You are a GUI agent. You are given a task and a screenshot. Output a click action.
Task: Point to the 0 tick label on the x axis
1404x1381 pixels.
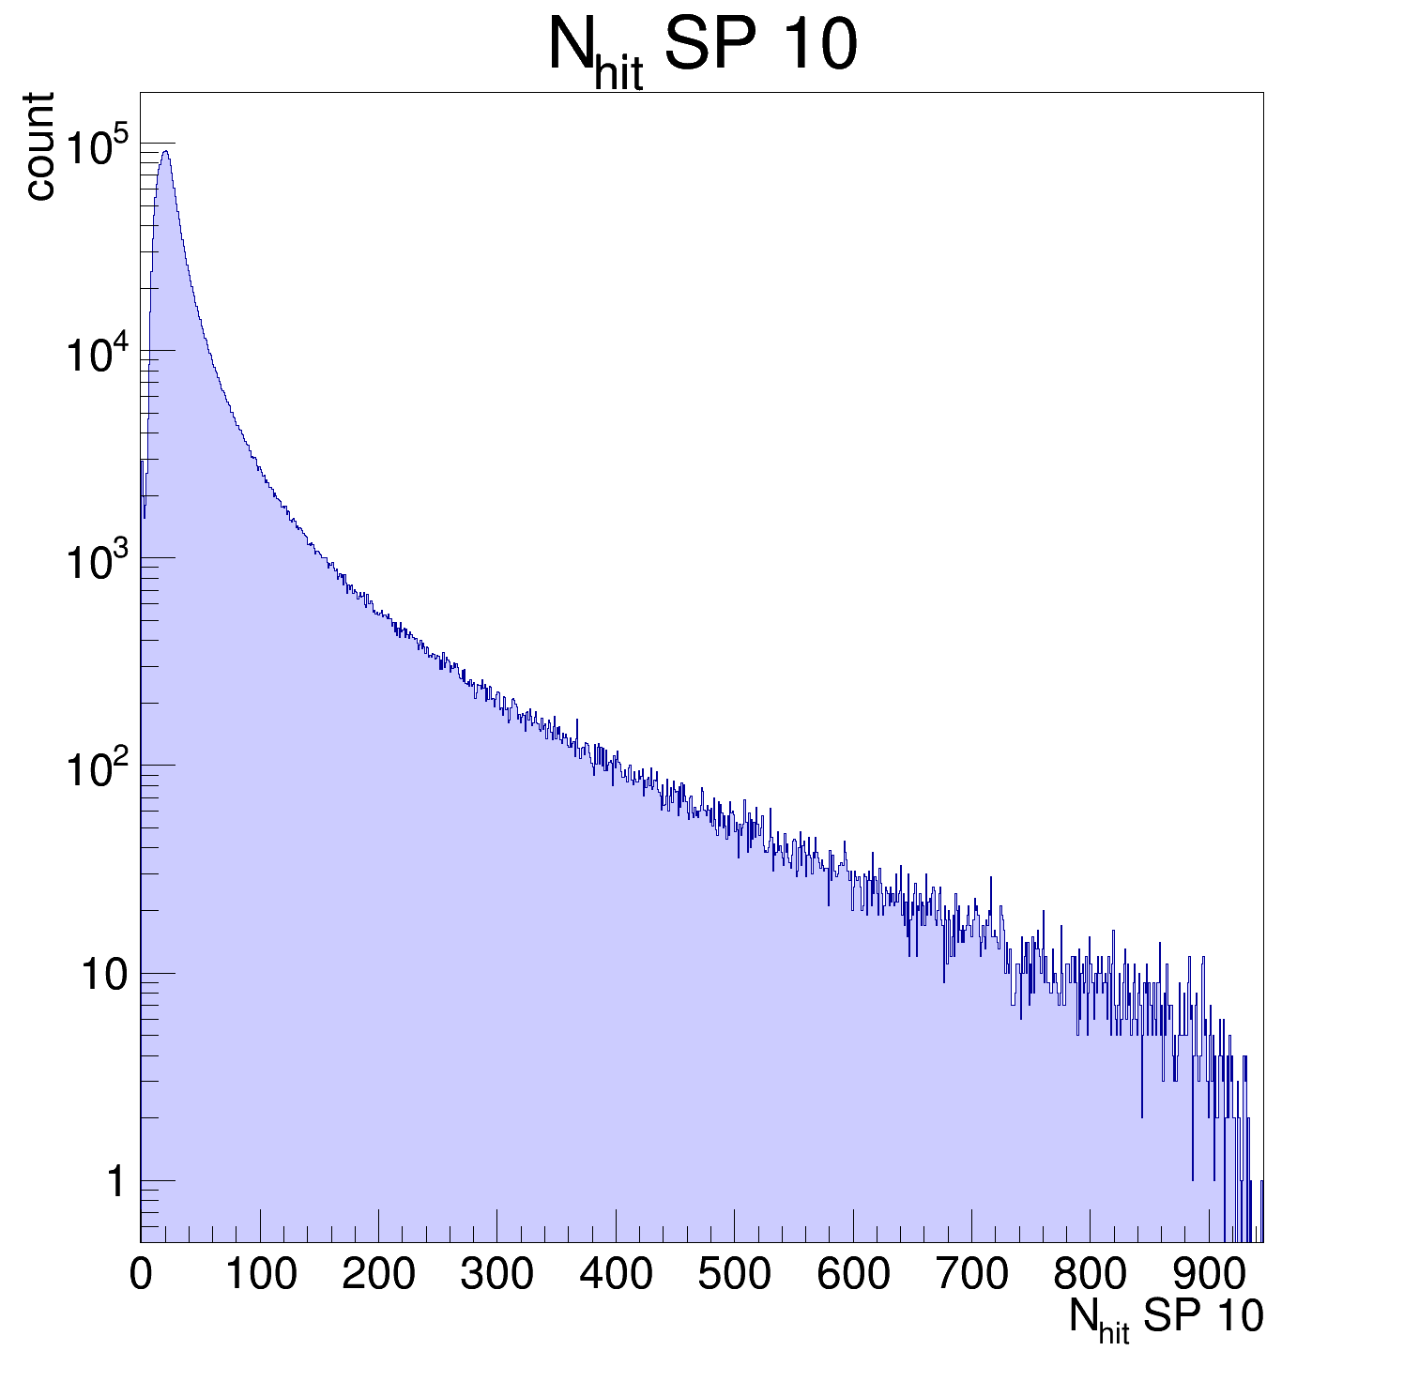coord(141,1274)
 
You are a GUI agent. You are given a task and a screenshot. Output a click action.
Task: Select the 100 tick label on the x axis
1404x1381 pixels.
coord(260,1274)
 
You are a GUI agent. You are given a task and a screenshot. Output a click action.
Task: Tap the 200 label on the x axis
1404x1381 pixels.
coord(378,1274)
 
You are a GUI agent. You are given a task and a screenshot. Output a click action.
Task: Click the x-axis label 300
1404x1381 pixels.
coord(496,1274)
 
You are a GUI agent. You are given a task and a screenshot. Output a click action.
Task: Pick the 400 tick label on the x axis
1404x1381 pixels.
coord(616,1274)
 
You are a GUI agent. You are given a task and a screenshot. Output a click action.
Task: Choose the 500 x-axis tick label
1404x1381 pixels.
coord(734,1274)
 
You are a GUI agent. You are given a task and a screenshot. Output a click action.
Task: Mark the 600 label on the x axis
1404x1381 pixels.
coord(853,1274)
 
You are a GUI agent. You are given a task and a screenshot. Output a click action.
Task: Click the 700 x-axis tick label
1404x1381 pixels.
coord(971,1274)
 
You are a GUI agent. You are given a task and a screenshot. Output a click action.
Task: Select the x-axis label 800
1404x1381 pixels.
coord(1090,1274)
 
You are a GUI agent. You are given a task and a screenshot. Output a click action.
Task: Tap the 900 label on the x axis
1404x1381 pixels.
coord(1209,1274)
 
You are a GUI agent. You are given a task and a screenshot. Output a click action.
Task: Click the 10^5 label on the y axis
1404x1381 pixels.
coord(97,147)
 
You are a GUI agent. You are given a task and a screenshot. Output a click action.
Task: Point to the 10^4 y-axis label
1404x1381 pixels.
coord(97,355)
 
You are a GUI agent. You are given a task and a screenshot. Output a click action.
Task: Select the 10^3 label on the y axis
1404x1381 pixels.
coord(97,562)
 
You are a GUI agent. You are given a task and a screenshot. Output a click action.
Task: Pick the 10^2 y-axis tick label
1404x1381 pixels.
coord(97,769)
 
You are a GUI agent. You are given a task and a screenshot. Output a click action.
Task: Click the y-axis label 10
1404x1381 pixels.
coord(103,976)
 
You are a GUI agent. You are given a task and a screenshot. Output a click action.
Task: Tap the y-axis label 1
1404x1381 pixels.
coord(115,1182)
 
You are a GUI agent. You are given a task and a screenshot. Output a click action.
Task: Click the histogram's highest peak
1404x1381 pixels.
coord(165,152)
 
